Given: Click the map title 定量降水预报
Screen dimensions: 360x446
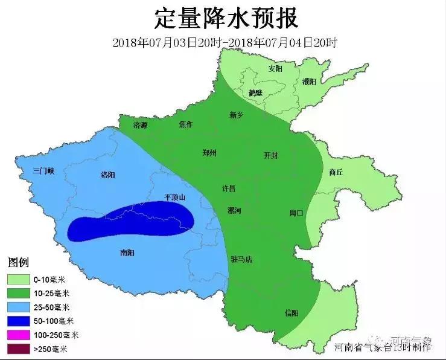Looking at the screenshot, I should (226, 18).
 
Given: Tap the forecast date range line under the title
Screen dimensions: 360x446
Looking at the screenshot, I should (224, 43).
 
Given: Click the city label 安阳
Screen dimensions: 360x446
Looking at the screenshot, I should (275, 68).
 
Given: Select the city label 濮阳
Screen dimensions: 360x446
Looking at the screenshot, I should (309, 82).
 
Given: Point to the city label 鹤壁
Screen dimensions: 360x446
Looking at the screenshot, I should (256, 93).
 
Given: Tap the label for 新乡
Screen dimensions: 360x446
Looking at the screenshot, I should (237, 115).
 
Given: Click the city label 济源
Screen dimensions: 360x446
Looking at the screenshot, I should (140, 125).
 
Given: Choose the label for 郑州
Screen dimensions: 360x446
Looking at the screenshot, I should (209, 153).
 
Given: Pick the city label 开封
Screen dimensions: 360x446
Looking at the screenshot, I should (271, 155).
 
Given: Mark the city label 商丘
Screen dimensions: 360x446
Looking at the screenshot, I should (336, 172).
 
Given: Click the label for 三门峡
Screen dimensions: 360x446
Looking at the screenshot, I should (43, 172).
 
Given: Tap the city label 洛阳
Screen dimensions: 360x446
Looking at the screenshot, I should (108, 175).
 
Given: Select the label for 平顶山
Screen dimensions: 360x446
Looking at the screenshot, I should (175, 197).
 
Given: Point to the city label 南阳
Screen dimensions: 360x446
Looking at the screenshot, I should (128, 252).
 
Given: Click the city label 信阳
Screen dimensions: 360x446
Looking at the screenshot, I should (291, 313).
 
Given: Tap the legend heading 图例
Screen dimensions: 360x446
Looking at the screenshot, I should (18, 263).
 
